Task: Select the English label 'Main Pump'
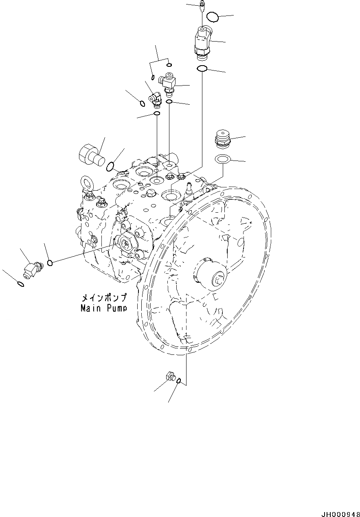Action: click(x=103, y=308)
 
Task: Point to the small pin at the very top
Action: click(x=202, y=6)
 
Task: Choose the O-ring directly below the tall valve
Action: click(x=202, y=69)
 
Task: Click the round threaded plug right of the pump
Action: click(x=222, y=139)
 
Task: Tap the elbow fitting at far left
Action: click(x=31, y=269)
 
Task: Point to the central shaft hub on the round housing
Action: click(x=212, y=275)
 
